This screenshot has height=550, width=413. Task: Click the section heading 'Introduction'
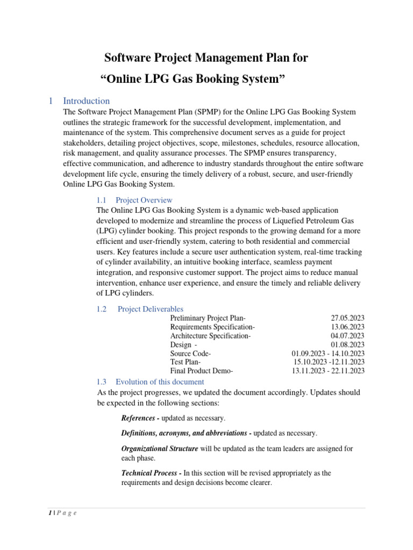86,101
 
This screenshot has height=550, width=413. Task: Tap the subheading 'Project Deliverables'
150,309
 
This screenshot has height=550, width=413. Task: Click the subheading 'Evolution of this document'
160,382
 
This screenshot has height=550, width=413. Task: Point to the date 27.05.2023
348,318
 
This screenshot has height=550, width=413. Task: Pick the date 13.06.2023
348,327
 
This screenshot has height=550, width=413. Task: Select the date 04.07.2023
348,336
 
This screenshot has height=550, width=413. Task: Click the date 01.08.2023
348,345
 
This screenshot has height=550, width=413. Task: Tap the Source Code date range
328,353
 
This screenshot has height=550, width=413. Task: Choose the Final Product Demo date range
328,371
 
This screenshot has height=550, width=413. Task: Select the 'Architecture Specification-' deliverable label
210,336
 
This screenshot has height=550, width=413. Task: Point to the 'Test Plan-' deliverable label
186,362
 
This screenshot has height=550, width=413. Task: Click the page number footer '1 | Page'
59,513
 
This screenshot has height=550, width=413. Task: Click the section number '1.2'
102,309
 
